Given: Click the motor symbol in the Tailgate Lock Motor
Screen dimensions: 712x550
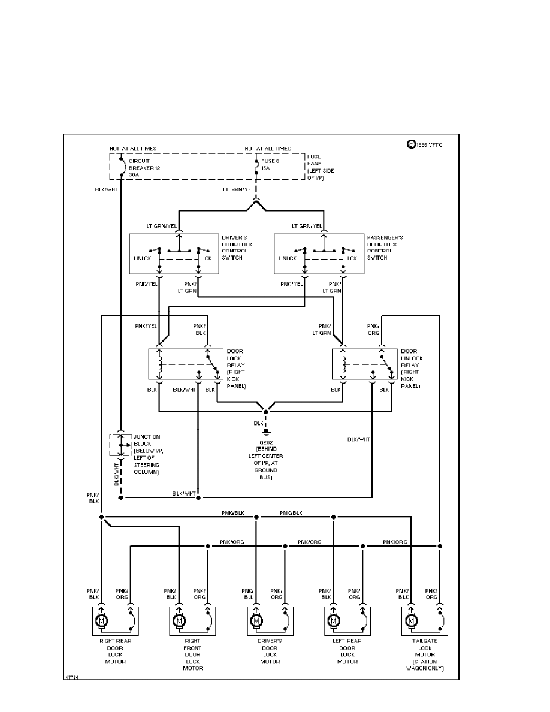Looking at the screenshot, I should coord(411,622).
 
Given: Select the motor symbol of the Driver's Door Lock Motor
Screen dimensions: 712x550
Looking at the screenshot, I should coord(256,622).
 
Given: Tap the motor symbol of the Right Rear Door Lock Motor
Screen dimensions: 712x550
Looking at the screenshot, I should coord(101,622).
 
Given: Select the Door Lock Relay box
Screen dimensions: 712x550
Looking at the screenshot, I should coord(183,363).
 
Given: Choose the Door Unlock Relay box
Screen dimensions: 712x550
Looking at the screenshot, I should coord(365,363).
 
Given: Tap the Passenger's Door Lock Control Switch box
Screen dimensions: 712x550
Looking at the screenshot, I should coord(318,255).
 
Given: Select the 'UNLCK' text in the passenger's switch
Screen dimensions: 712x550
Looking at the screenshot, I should coord(288,258).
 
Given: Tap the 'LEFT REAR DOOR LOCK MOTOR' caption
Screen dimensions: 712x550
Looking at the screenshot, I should coord(347,651).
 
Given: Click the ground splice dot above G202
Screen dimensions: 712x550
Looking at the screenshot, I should coord(266,412).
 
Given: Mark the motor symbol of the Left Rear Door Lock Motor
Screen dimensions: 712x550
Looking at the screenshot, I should coord(333,622).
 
